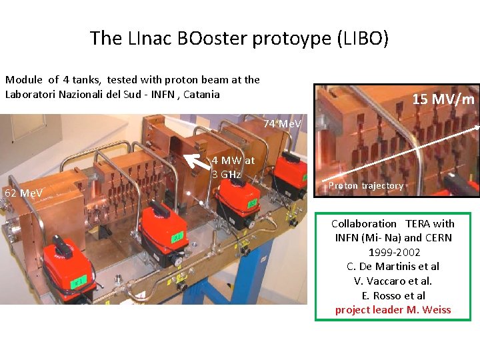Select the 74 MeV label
tap(281, 124)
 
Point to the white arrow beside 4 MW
tap(196, 161)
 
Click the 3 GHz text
tap(226, 175)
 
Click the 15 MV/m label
tap(443, 100)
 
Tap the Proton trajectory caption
tap(366, 186)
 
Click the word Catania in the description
tap(201, 94)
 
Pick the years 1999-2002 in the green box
tap(393, 252)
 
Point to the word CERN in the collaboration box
tap(437, 237)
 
